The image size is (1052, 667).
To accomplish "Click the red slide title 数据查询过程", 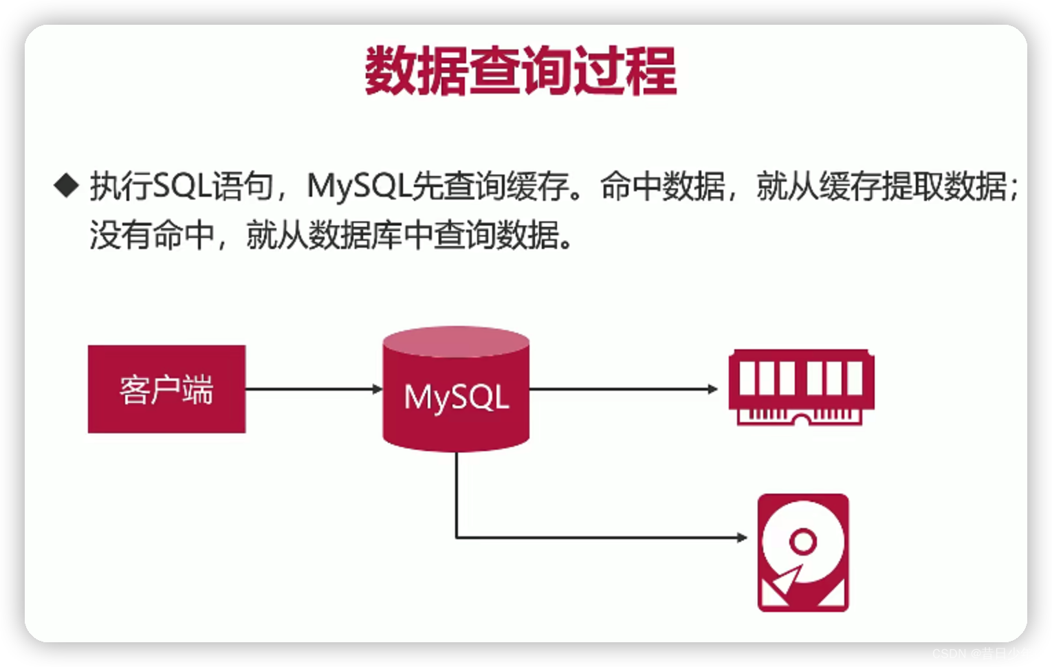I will coord(520,70).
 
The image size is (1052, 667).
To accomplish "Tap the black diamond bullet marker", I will coord(67,185).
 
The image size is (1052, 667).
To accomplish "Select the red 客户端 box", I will coord(166,389).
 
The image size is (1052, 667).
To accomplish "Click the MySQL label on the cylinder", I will coord(457,397).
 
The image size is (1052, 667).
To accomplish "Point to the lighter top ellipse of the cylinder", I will coord(456,342).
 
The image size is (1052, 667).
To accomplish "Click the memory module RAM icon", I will coord(801,387).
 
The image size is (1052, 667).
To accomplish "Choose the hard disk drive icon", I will coord(803,553).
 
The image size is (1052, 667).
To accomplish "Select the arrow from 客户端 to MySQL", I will coord(313,389).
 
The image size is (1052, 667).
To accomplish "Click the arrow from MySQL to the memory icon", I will coord(622,389).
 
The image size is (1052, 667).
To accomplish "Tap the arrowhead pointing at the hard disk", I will coord(743,537).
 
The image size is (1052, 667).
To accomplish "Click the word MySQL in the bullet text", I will coord(358,186).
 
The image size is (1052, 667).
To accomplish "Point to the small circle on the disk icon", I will coord(802,541).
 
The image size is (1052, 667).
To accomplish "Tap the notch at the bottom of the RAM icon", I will coord(801,419).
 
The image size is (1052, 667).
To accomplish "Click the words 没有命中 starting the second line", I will coord(152,235).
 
